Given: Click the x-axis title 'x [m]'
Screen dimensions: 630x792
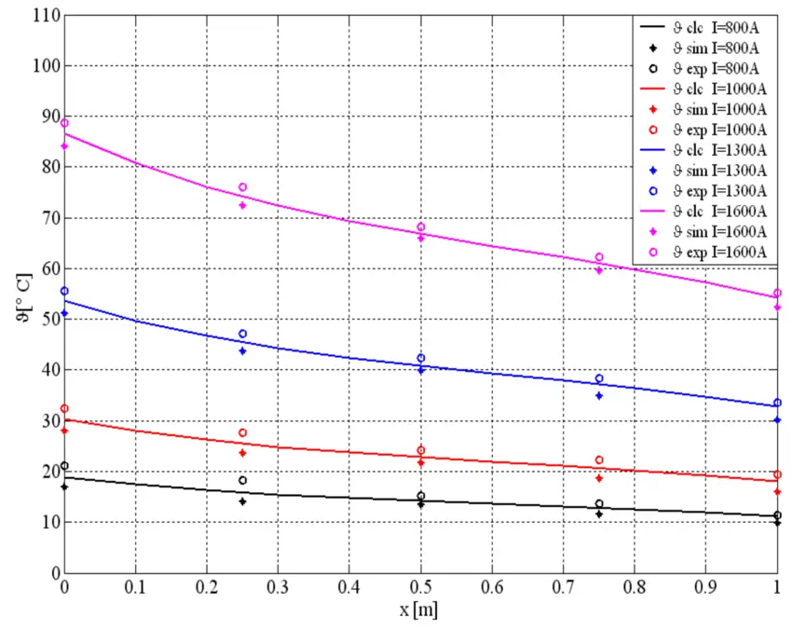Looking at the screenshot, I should [421, 611].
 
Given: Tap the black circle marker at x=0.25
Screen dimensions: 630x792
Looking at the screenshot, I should [242, 481].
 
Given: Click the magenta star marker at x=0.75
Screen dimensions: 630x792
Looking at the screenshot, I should [599, 270].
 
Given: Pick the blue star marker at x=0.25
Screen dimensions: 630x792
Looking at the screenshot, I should [242, 351].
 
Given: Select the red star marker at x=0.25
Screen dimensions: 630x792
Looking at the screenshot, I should [242, 453].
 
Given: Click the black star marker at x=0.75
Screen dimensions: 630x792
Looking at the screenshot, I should [599, 514].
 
